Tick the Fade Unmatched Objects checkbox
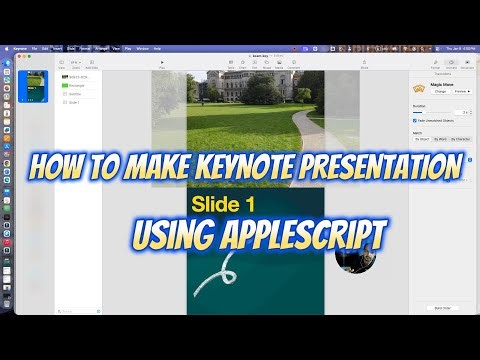[x=415, y=120]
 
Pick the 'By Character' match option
[x=461, y=139]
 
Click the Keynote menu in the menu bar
[x=21, y=48]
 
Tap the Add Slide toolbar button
[x=92, y=63]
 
